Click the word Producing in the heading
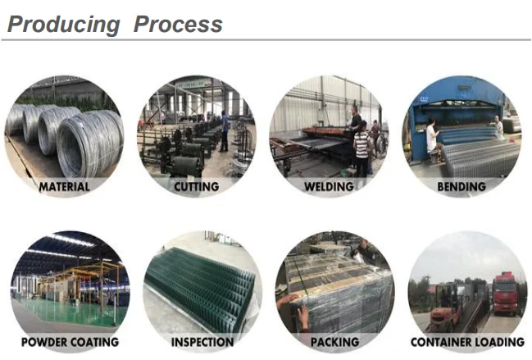[63, 25]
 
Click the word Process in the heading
[178, 25]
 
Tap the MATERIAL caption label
[64, 187]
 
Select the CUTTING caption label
[197, 187]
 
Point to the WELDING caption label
[329, 187]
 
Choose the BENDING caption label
[461, 187]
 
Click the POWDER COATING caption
[70, 341]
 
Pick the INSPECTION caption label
[202, 341]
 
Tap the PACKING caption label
[334, 341]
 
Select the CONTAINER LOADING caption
[467, 341]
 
